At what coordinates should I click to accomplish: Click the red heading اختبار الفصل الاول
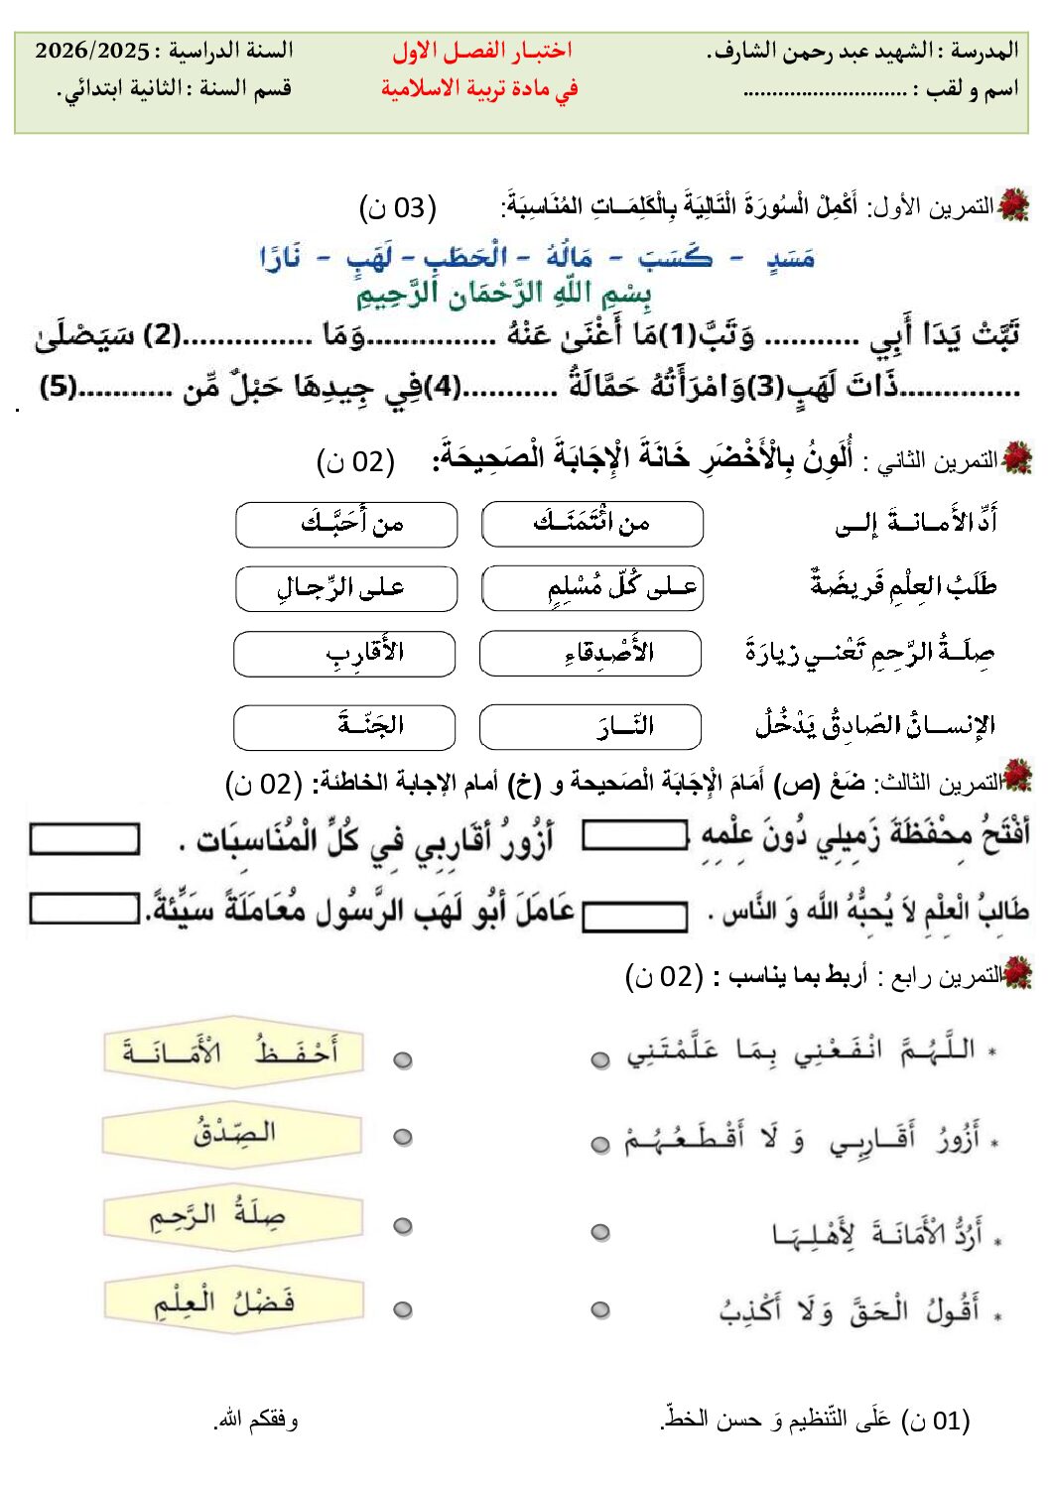[481, 51]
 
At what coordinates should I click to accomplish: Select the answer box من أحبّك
[346, 524]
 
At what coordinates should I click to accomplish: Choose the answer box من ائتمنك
[591, 524]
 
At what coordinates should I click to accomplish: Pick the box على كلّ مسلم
[591, 589]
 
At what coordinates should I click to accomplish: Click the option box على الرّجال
[346, 589]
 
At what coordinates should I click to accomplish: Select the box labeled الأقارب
[344, 654]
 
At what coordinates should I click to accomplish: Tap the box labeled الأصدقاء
[591, 654]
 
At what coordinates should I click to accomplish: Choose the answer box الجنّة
[344, 727]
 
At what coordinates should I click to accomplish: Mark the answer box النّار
[591, 727]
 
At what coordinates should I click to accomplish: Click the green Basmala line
[504, 294]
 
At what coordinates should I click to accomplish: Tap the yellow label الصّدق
[233, 1133]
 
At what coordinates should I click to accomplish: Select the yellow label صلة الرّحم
[233, 1216]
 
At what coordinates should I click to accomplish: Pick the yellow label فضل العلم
[233, 1300]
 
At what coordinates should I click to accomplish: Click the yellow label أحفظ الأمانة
[233, 1052]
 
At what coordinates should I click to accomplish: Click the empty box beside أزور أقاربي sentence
[84, 839]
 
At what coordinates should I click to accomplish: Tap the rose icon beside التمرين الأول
[1014, 205]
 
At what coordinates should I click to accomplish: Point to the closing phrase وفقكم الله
[256, 1421]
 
